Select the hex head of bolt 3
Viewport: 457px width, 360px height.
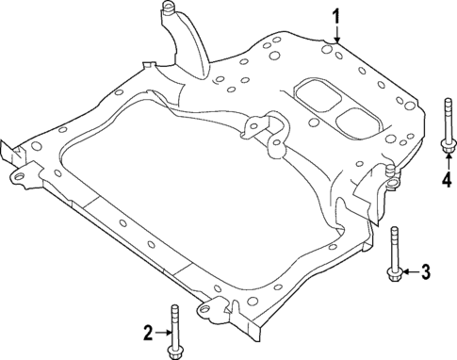394,272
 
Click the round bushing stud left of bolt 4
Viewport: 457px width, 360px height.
389,173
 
